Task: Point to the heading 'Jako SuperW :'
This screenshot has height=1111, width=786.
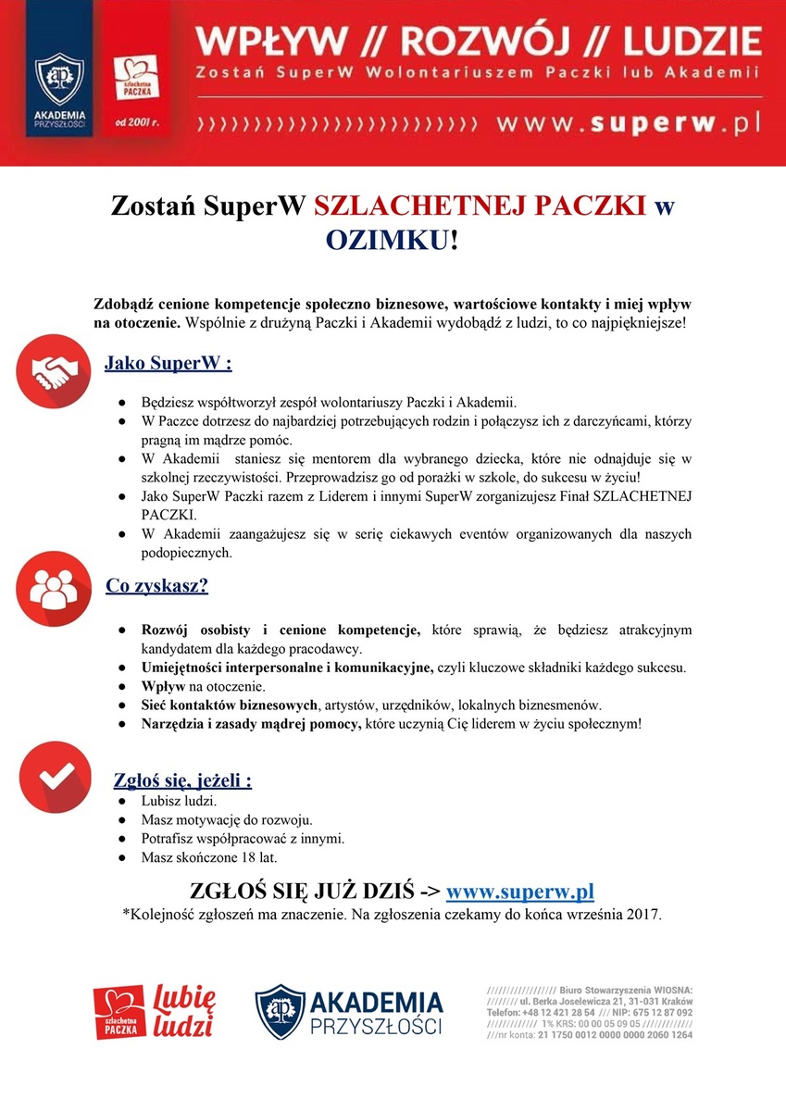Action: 168,362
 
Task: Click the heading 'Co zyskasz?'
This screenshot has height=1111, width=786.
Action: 156,585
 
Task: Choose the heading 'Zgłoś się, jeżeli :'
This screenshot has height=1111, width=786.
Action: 182,780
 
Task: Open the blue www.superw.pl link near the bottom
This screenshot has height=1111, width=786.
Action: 519,892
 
